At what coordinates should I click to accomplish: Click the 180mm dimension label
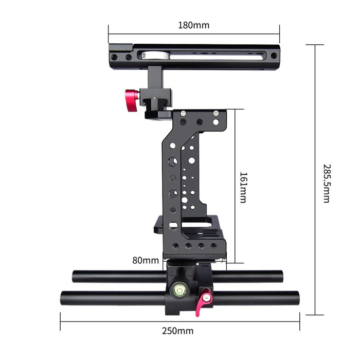click(193, 25)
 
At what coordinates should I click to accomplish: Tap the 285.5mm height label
click(326, 183)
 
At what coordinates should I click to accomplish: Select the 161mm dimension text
click(243, 187)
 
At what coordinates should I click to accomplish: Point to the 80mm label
click(146, 260)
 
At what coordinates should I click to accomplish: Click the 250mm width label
click(178, 331)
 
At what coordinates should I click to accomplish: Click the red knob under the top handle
click(132, 96)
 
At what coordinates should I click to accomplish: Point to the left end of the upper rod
click(75, 277)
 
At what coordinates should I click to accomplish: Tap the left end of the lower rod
click(64, 298)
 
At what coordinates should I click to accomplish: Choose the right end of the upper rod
click(281, 277)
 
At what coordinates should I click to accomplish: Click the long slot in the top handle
click(206, 56)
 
